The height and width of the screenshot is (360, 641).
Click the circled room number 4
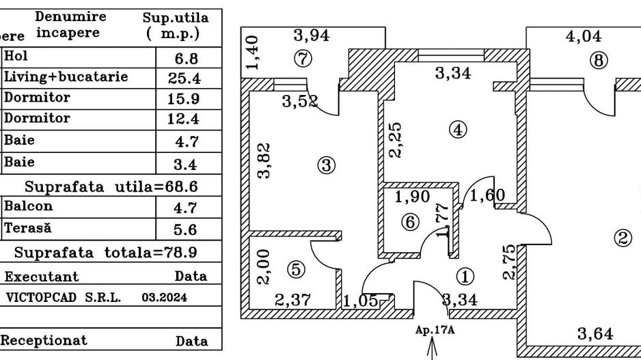458,128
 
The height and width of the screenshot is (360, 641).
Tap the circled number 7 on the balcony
303,59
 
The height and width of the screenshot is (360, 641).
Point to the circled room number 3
326,165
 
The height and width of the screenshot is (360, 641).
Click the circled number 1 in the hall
465,276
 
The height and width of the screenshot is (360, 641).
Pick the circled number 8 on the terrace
599,61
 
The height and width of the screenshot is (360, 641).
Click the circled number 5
296,270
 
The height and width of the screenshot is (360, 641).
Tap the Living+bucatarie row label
66,77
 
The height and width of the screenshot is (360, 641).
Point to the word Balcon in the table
28,206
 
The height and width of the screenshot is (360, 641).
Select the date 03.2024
164,298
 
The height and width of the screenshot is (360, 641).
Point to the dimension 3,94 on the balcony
312,36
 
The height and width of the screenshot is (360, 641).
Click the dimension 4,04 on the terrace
584,37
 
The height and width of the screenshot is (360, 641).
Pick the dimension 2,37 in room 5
292,299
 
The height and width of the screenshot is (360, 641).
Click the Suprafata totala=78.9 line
106,251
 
